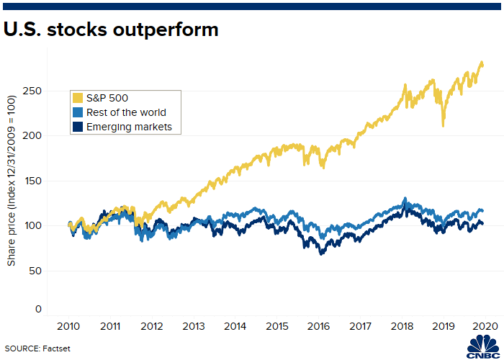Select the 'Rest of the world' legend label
[x=126, y=112]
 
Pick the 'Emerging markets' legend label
[x=130, y=127]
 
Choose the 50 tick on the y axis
[x=36, y=271]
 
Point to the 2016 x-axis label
[x=318, y=327]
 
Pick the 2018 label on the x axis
[x=401, y=327]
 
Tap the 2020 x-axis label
[x=483, y=327]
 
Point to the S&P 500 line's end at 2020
[x=482, y=65]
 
